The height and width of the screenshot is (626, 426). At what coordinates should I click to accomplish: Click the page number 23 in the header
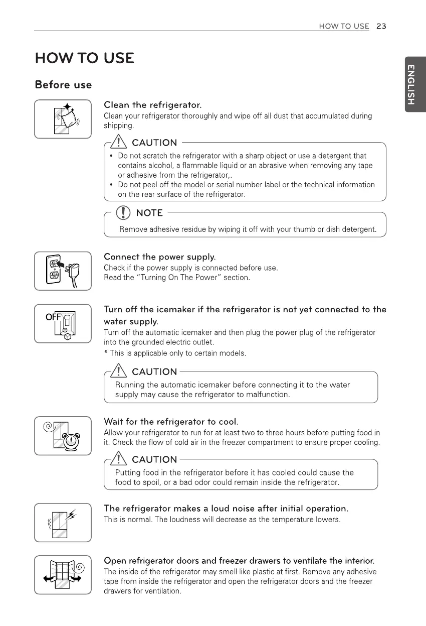(381, 26)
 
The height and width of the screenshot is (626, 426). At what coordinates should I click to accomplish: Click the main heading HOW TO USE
(84, 58)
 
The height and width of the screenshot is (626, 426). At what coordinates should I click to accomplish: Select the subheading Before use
(63, 84)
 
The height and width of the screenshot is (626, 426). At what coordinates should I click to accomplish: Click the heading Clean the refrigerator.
(152, 105)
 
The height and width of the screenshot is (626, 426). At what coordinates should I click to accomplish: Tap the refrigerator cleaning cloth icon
(63, 119)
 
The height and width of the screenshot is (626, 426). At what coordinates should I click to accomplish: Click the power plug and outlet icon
(63, 271)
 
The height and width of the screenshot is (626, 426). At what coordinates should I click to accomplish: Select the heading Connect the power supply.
(159, 257)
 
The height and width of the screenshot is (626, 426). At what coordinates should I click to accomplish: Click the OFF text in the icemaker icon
(53, 317)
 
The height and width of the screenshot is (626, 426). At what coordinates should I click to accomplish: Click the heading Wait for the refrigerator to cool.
(170, 421)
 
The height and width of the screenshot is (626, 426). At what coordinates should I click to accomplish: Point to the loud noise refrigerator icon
(63, 522)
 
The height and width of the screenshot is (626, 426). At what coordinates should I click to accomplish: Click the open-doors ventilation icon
(63, 575)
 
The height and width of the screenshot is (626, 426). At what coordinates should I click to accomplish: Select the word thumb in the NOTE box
(277, 230)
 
